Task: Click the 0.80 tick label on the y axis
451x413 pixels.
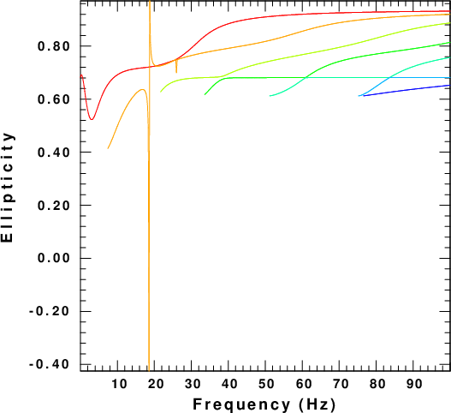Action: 54,46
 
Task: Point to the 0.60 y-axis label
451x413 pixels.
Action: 54,99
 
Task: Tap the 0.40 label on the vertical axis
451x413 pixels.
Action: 54,153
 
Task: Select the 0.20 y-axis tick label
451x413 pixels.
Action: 54,206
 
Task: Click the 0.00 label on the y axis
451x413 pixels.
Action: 54,258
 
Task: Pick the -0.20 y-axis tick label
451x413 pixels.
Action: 49,311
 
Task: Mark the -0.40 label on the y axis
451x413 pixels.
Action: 49,364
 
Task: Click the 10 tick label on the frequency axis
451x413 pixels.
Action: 119,384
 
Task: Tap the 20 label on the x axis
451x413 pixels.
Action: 156,384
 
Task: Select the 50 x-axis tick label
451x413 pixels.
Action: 266,384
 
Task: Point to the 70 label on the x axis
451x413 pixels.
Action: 341,384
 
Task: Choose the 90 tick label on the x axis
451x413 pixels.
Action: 414,384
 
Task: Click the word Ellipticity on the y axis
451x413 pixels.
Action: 8,187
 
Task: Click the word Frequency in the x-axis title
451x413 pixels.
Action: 241,404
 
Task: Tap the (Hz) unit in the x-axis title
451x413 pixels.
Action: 317,404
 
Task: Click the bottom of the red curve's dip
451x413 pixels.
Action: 92,119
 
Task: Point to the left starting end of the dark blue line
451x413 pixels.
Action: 364,96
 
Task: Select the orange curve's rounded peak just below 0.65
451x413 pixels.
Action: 142,90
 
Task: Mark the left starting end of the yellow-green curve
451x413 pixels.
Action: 161,92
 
